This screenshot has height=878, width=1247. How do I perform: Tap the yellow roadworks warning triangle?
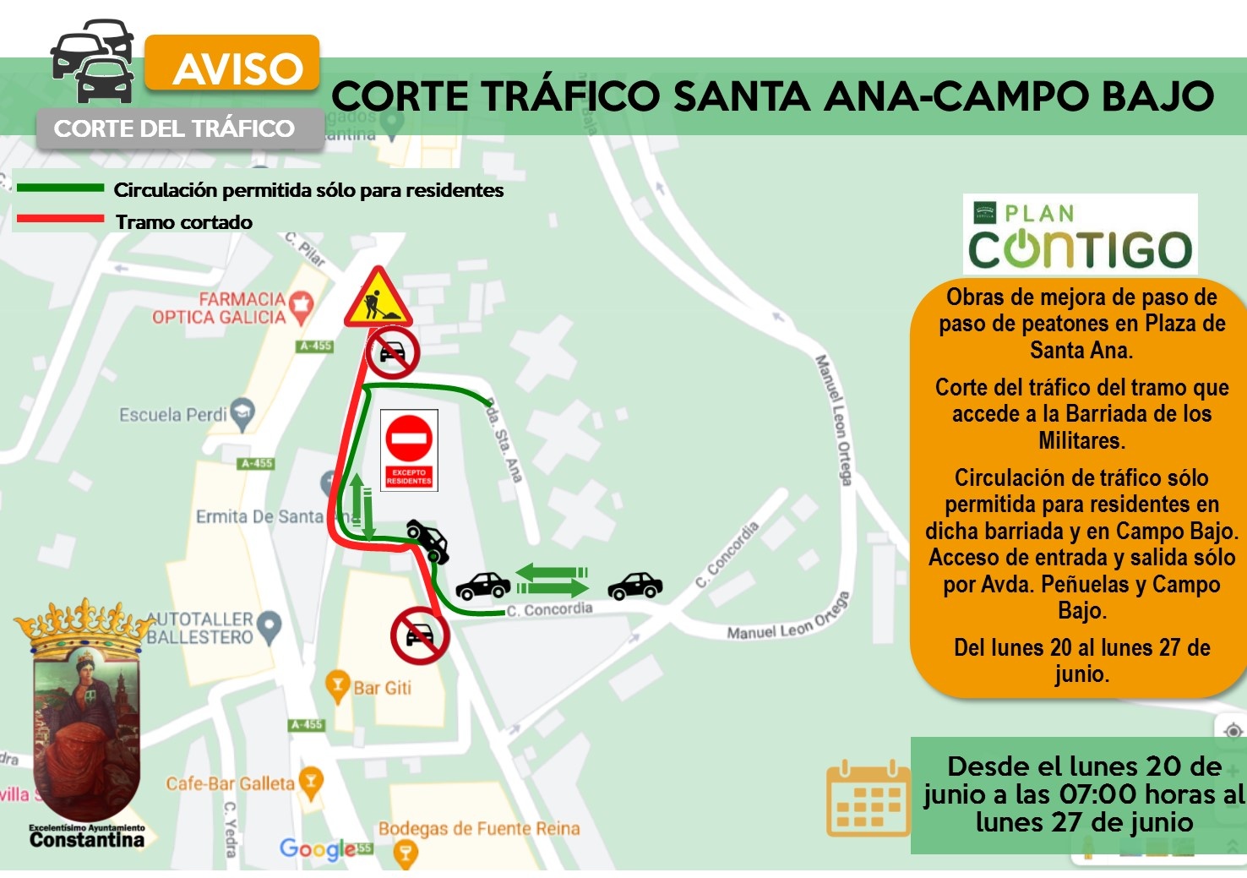point(378,298)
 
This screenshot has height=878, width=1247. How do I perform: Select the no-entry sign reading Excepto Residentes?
point(409,450)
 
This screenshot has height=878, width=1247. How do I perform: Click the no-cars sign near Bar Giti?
point(419,635)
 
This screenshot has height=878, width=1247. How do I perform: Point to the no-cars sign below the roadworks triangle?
point(393,352)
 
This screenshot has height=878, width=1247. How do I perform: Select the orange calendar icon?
point(867,799)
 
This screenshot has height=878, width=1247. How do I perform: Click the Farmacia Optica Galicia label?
point(220,308)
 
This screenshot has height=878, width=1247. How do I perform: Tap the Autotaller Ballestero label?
point(201,628)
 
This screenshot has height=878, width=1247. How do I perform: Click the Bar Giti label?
point(381,688)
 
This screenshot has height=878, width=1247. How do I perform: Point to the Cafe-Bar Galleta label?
point(231,783)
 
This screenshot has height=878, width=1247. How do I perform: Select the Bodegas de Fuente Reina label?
point(479,829)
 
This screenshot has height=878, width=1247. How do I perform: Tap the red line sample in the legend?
point(60,221)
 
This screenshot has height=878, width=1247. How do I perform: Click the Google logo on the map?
point(319,848)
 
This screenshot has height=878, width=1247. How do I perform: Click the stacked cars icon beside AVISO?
point(93,61)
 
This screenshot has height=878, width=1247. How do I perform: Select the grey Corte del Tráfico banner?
point(176,129)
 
